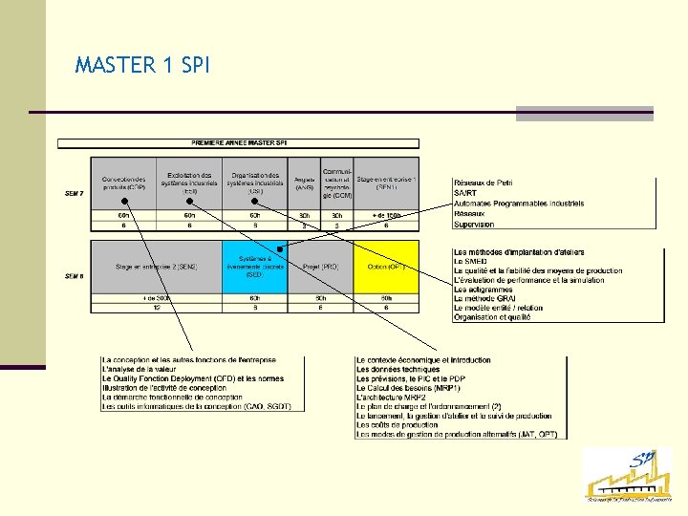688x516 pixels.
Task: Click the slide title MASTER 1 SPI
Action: point(142,66)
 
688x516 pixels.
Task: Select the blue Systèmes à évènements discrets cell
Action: point(254,267)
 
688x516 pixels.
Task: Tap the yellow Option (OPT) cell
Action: point(386,267)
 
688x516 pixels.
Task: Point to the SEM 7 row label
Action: point(75,194)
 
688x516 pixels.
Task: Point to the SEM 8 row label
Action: point(75,276)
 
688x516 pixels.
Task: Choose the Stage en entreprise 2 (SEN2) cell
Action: point(156,267)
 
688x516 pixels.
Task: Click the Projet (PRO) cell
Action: point(321,267)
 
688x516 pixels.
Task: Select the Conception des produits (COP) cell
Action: point(124,183)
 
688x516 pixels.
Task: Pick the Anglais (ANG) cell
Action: point(305,183)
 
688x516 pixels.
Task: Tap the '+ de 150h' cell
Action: point(386,216)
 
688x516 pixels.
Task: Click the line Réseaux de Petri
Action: point(489,183)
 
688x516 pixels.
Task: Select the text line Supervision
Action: point(474,225)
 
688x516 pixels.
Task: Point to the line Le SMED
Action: point(472,261)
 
